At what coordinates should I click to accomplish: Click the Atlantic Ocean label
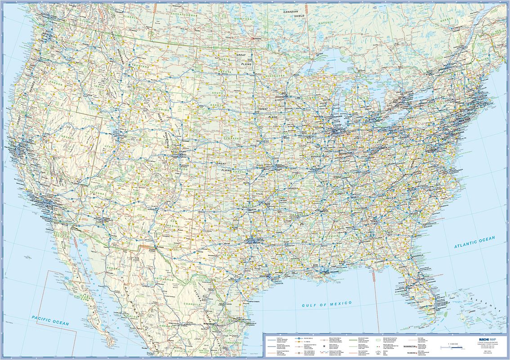[x=474, y=242]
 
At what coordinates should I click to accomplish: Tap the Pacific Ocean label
[x=50, y=320]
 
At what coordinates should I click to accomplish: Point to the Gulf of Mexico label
[x=327, y=304]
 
